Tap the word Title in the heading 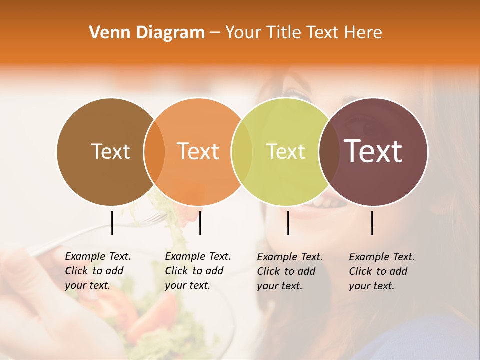click(284, 33)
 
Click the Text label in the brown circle click(110, 151)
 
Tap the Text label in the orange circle click(198, 151)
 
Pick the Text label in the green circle click(285, 151)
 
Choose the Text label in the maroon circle click(373, 151)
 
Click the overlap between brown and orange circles click(154, 151)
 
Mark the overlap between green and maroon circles click(328, 151)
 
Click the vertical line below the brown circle click(112, 223)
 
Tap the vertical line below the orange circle click(200, 223)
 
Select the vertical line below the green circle click(288, 223)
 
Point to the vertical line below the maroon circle click(372, 223)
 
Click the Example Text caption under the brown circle click(97, 271)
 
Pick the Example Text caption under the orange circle click(197, 271)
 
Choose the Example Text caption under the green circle click(289, 271)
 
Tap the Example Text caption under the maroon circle click(381, 271)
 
